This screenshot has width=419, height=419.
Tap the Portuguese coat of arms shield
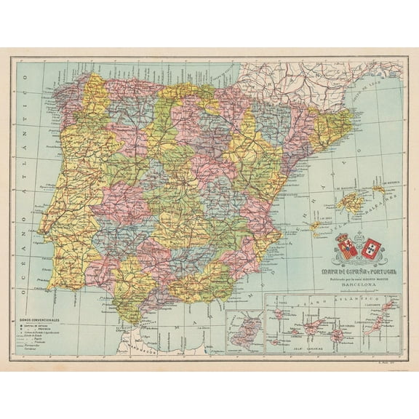pos(372,249)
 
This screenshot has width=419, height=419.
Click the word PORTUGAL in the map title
pos(370,273)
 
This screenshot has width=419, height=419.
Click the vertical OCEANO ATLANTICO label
pos(22,189)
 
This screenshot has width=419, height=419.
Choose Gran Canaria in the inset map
pos(338,335)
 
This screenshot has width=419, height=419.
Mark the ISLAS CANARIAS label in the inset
pos(327,348)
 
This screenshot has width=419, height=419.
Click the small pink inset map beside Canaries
pos(245,332)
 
